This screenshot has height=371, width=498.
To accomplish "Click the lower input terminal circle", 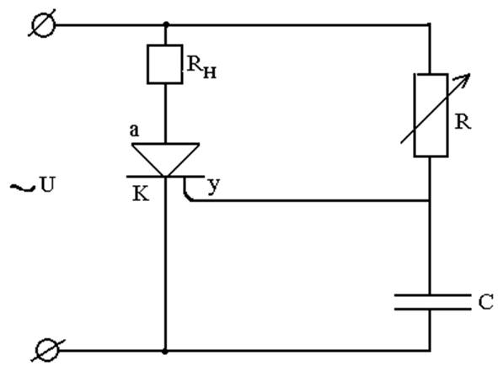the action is (x=47, y=350).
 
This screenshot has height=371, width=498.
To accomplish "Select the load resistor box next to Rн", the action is (x=165, y=65).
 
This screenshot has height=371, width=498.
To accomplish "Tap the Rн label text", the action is (x=201, y=67).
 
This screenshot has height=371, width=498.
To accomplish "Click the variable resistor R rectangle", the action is (x=431, y=115).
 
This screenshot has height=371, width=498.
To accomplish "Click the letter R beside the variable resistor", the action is (x=463, y=121).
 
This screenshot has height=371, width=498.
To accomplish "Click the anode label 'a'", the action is (x=134, y=130).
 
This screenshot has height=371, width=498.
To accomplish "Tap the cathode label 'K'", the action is (x=141, y=193).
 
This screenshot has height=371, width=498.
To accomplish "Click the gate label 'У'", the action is (x=214, y=186).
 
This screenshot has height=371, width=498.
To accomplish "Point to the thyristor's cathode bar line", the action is (x=165, y=176).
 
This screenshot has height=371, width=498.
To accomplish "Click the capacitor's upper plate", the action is (x=432, y=295).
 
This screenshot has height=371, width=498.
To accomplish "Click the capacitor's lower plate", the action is (x=432, y=308).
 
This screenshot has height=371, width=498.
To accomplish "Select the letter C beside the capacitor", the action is (x=485, y=301).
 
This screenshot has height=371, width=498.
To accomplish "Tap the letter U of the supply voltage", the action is (x=48, y=184).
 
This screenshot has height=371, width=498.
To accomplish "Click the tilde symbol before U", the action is (x=23, y=188).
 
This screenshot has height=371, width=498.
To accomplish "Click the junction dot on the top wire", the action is (x=166, y=24).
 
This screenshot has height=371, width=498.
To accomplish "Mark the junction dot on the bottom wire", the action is (x=165, y=351).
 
